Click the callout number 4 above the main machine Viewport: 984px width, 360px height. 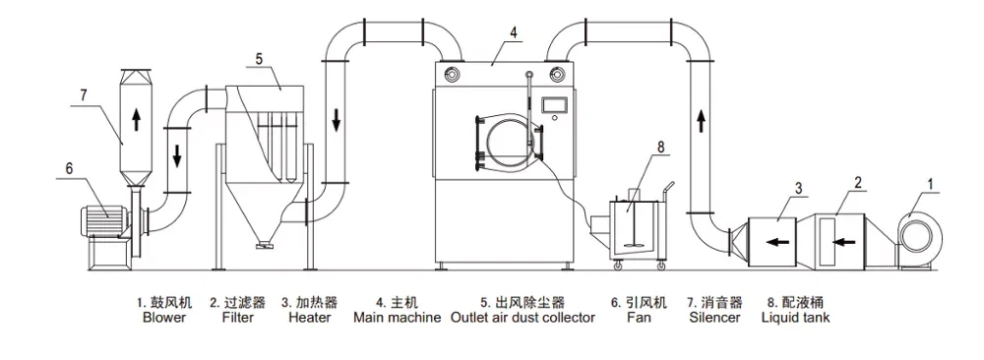point(514,33)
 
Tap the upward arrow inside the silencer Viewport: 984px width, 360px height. point(136,119)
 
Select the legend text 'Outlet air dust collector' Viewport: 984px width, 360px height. point(523,318)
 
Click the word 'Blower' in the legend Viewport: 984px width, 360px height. point(164,318)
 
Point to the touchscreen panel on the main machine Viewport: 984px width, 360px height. point(556,105)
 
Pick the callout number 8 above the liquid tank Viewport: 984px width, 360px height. point(659,147)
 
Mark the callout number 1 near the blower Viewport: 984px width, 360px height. point(931,184)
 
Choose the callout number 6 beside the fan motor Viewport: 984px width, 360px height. point(69,169)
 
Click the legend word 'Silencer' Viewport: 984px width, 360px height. point(714,318)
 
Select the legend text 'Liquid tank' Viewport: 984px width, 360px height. point(795,318)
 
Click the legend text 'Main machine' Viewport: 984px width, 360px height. point(398,318)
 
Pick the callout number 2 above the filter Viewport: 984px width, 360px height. point(857,183)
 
